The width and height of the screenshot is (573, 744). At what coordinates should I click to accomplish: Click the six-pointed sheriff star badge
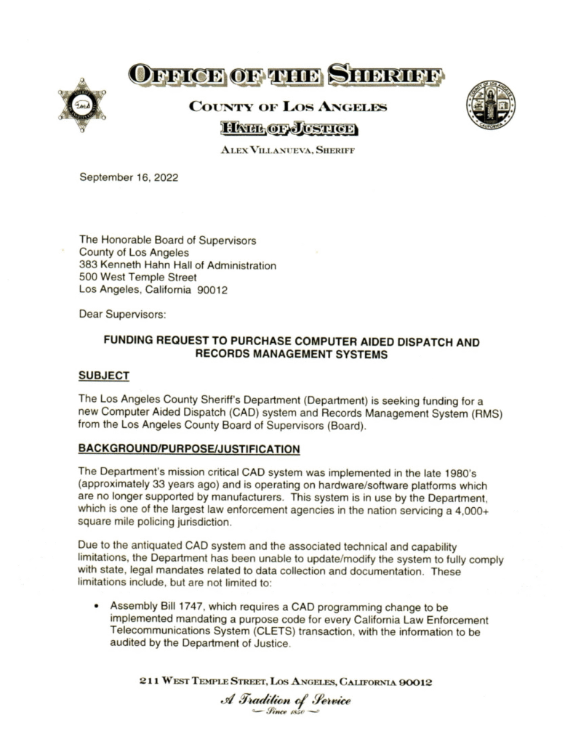click(x=82, y=106)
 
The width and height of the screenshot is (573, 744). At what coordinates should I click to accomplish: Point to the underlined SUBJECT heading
click(x=104, y=376)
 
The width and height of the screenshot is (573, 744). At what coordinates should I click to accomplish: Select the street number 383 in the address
click(x=89, y=265)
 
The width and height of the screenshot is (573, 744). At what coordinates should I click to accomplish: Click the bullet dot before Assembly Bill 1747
click(x=97, y=606)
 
